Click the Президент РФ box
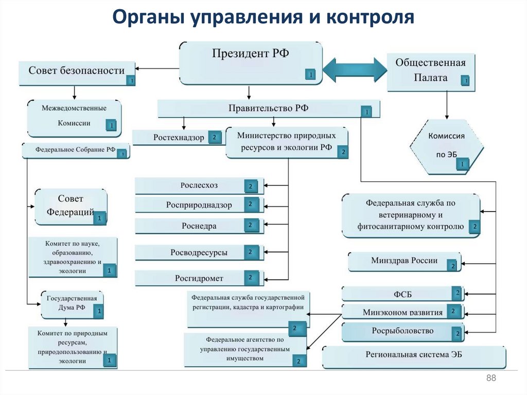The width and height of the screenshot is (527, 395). [251, 62]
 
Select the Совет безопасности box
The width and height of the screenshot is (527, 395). [77, 73]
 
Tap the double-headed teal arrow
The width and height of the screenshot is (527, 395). [355, 69]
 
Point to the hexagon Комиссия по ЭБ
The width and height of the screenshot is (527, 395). [446, 147]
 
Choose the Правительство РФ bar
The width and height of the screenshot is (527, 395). [268, 109]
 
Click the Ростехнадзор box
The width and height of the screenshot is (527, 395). [178, 138]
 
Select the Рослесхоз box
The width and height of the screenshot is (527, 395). [199, 185]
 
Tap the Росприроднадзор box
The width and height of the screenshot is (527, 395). [199, 205]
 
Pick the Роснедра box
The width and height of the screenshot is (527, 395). [199, 226]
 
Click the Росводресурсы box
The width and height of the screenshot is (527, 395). [199, 252]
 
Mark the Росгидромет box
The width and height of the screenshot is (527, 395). [199, 278]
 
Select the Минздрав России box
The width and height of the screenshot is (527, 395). [405, 262]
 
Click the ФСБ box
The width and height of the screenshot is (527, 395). [402, 294]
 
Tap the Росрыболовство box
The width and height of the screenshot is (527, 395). [402, 331]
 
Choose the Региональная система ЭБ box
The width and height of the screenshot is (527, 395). [414, 357]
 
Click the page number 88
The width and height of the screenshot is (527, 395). [490, 379]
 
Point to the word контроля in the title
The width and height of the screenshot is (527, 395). [370, 17]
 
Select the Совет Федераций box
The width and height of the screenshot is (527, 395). [71, 206]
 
